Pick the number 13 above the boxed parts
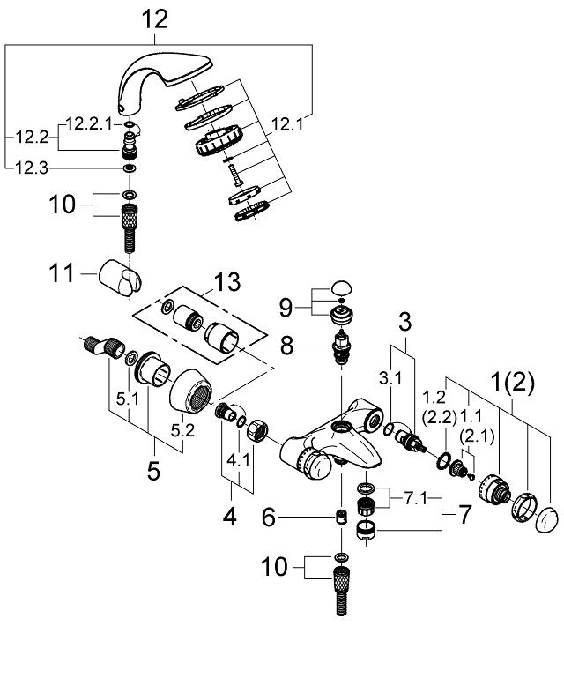pyautogui.click(x=226, y=284)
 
